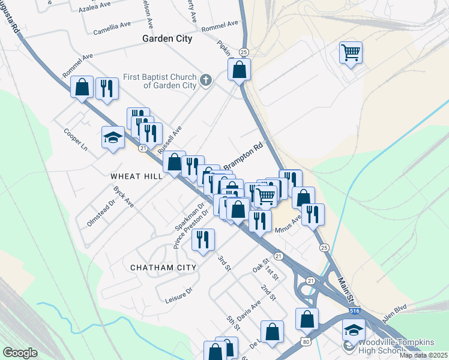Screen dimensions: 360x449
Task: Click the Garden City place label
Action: pyautogui.click(x=167, y=38)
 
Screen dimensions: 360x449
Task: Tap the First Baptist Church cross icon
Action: pyautogui.click(x=206, y=80)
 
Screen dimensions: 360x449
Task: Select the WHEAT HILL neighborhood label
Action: pyautogui.click(x=136, y=176)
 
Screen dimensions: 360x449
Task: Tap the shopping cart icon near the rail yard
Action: pyautogui.click(x=351, y=52)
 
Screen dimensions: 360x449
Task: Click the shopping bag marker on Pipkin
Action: pyautogui.click(x=239, y=69)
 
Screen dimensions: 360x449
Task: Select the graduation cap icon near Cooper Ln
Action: pyautogui.click(x=113, y=137)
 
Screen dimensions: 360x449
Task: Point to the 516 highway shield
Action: pyautogui.click(x=355, y=311)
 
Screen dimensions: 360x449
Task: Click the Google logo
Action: pyautogui.click(x=20, y=353)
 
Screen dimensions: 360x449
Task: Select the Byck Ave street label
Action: pyautogui.click(x=123, y=196)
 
